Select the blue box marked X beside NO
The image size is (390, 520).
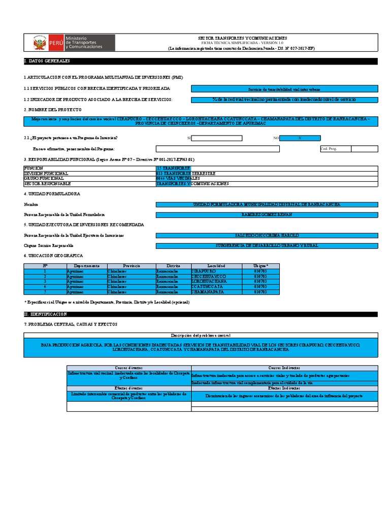click(300, 138)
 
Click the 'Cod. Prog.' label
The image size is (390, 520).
click(329, 149)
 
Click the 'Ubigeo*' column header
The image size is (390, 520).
click(261, 266)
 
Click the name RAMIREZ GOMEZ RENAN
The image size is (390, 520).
click(267, 215)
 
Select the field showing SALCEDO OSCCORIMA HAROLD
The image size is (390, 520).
click(267, 236)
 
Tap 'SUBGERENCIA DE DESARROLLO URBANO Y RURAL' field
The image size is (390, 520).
click(267, 246)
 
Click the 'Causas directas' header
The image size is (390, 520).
click(128, 368)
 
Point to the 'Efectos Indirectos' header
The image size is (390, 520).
click(284, 388)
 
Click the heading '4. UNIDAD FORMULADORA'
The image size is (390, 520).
click(52, 194)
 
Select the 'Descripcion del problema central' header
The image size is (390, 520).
click(201, 336)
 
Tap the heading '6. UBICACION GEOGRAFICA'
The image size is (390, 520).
click(53, 255)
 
